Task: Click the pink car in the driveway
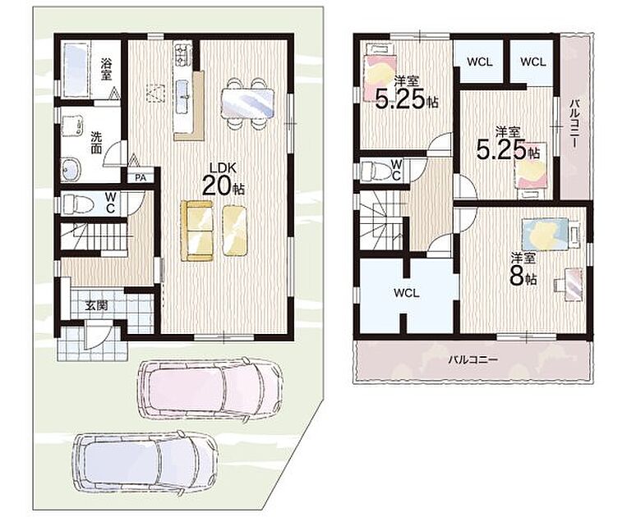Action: pyautogui.click(x=210, y=388)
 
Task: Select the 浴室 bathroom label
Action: pyautogui.click(x=106, y=70)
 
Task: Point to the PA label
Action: pyautogui.click(x=140, y=178)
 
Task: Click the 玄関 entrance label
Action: pyautogui.click(x=96, y=306)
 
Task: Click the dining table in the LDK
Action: pyautogui.click(x=247, y=103)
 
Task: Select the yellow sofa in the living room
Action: pyautogui.click(x=196, y=231)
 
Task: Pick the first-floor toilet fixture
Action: pyautogui.click(x=78, y=204)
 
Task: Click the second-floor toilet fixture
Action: pyautogui.click(x=376, y=171)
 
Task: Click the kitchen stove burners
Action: pyautogui.click(x=182, y=53)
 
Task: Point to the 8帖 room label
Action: pyautogui.click(x=523, y=272)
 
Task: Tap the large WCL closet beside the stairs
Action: pyautogui.click(x=406, y=294)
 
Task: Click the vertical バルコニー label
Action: pyautogui.click(x=574, y=123)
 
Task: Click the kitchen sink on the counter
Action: pyautogui.click(x=183, y=95)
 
